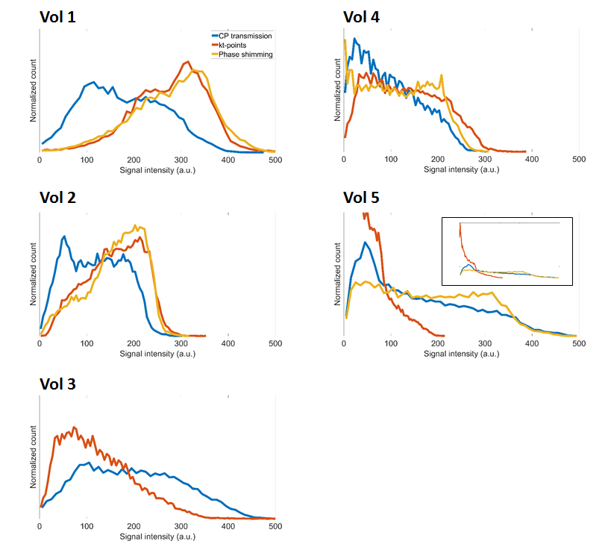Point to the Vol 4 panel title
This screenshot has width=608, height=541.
click(361, 17)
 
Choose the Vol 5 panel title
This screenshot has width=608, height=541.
click(361, 198)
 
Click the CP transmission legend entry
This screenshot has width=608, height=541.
click(245, 36)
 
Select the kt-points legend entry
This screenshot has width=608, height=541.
click(235, 45)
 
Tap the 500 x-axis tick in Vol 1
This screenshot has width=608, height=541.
click(275, 160)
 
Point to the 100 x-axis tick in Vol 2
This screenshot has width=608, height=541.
click(87, 343)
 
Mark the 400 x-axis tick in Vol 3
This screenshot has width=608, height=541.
click(228, 528)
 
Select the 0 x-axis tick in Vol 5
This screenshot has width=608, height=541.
click(344, 344)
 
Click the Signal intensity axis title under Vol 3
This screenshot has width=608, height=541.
click(157, 537)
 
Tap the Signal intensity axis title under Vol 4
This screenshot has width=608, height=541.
click(461, 169)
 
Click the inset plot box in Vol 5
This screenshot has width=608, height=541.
click(507, 251)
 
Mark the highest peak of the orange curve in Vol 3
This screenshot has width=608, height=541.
click(74, 428)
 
